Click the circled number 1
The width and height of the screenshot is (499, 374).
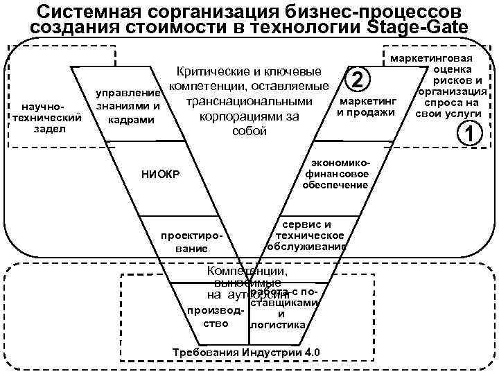tap(472, 134)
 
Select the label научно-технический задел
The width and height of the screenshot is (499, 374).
tap(44, 118)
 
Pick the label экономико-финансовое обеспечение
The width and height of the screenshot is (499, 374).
tap(337, 173)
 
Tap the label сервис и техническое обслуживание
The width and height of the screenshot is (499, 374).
tap(307, 235)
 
